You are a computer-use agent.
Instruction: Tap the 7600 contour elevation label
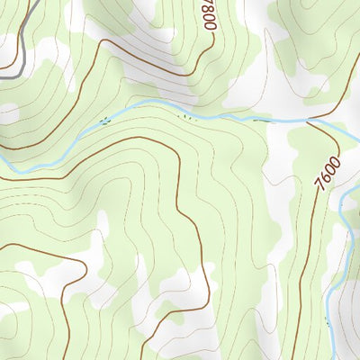[x=328, y=170]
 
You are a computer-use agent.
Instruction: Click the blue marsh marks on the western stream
[x=105, y=120]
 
